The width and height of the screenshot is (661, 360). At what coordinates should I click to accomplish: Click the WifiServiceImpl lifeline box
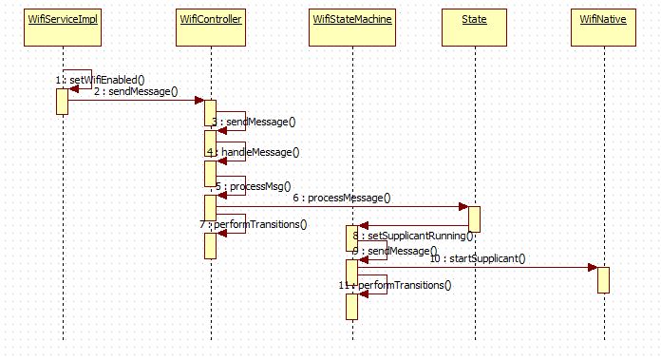[x=62, y=20]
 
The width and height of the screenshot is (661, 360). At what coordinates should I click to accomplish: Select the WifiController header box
[x=209, y=20]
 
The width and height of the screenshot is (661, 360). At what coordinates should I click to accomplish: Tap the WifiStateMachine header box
[x=350, y=20]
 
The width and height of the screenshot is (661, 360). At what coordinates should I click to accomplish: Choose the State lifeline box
[x=473, y=20]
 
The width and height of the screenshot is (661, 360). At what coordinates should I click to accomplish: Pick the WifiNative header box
[x=603, y=20]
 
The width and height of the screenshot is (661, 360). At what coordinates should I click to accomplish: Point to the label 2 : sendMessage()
[x=135, y=91]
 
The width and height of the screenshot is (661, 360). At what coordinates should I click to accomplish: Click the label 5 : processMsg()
[x=253, y=186]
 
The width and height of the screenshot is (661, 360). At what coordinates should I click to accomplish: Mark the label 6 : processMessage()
[x=341, y=198]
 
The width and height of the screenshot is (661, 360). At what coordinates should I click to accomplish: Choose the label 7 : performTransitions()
[x=254, y=224]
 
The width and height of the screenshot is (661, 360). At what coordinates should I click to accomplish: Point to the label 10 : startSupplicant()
[x=478, y=257]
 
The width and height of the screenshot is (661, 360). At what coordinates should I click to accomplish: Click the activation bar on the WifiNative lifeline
[x=603, y=279]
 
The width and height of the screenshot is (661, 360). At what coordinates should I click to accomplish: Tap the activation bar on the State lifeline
[x=474, y=218]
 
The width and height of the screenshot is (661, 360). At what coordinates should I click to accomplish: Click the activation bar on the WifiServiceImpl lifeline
[x=62, y=101]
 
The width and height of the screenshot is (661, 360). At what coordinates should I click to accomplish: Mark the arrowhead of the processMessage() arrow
[x=463, y=207]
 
